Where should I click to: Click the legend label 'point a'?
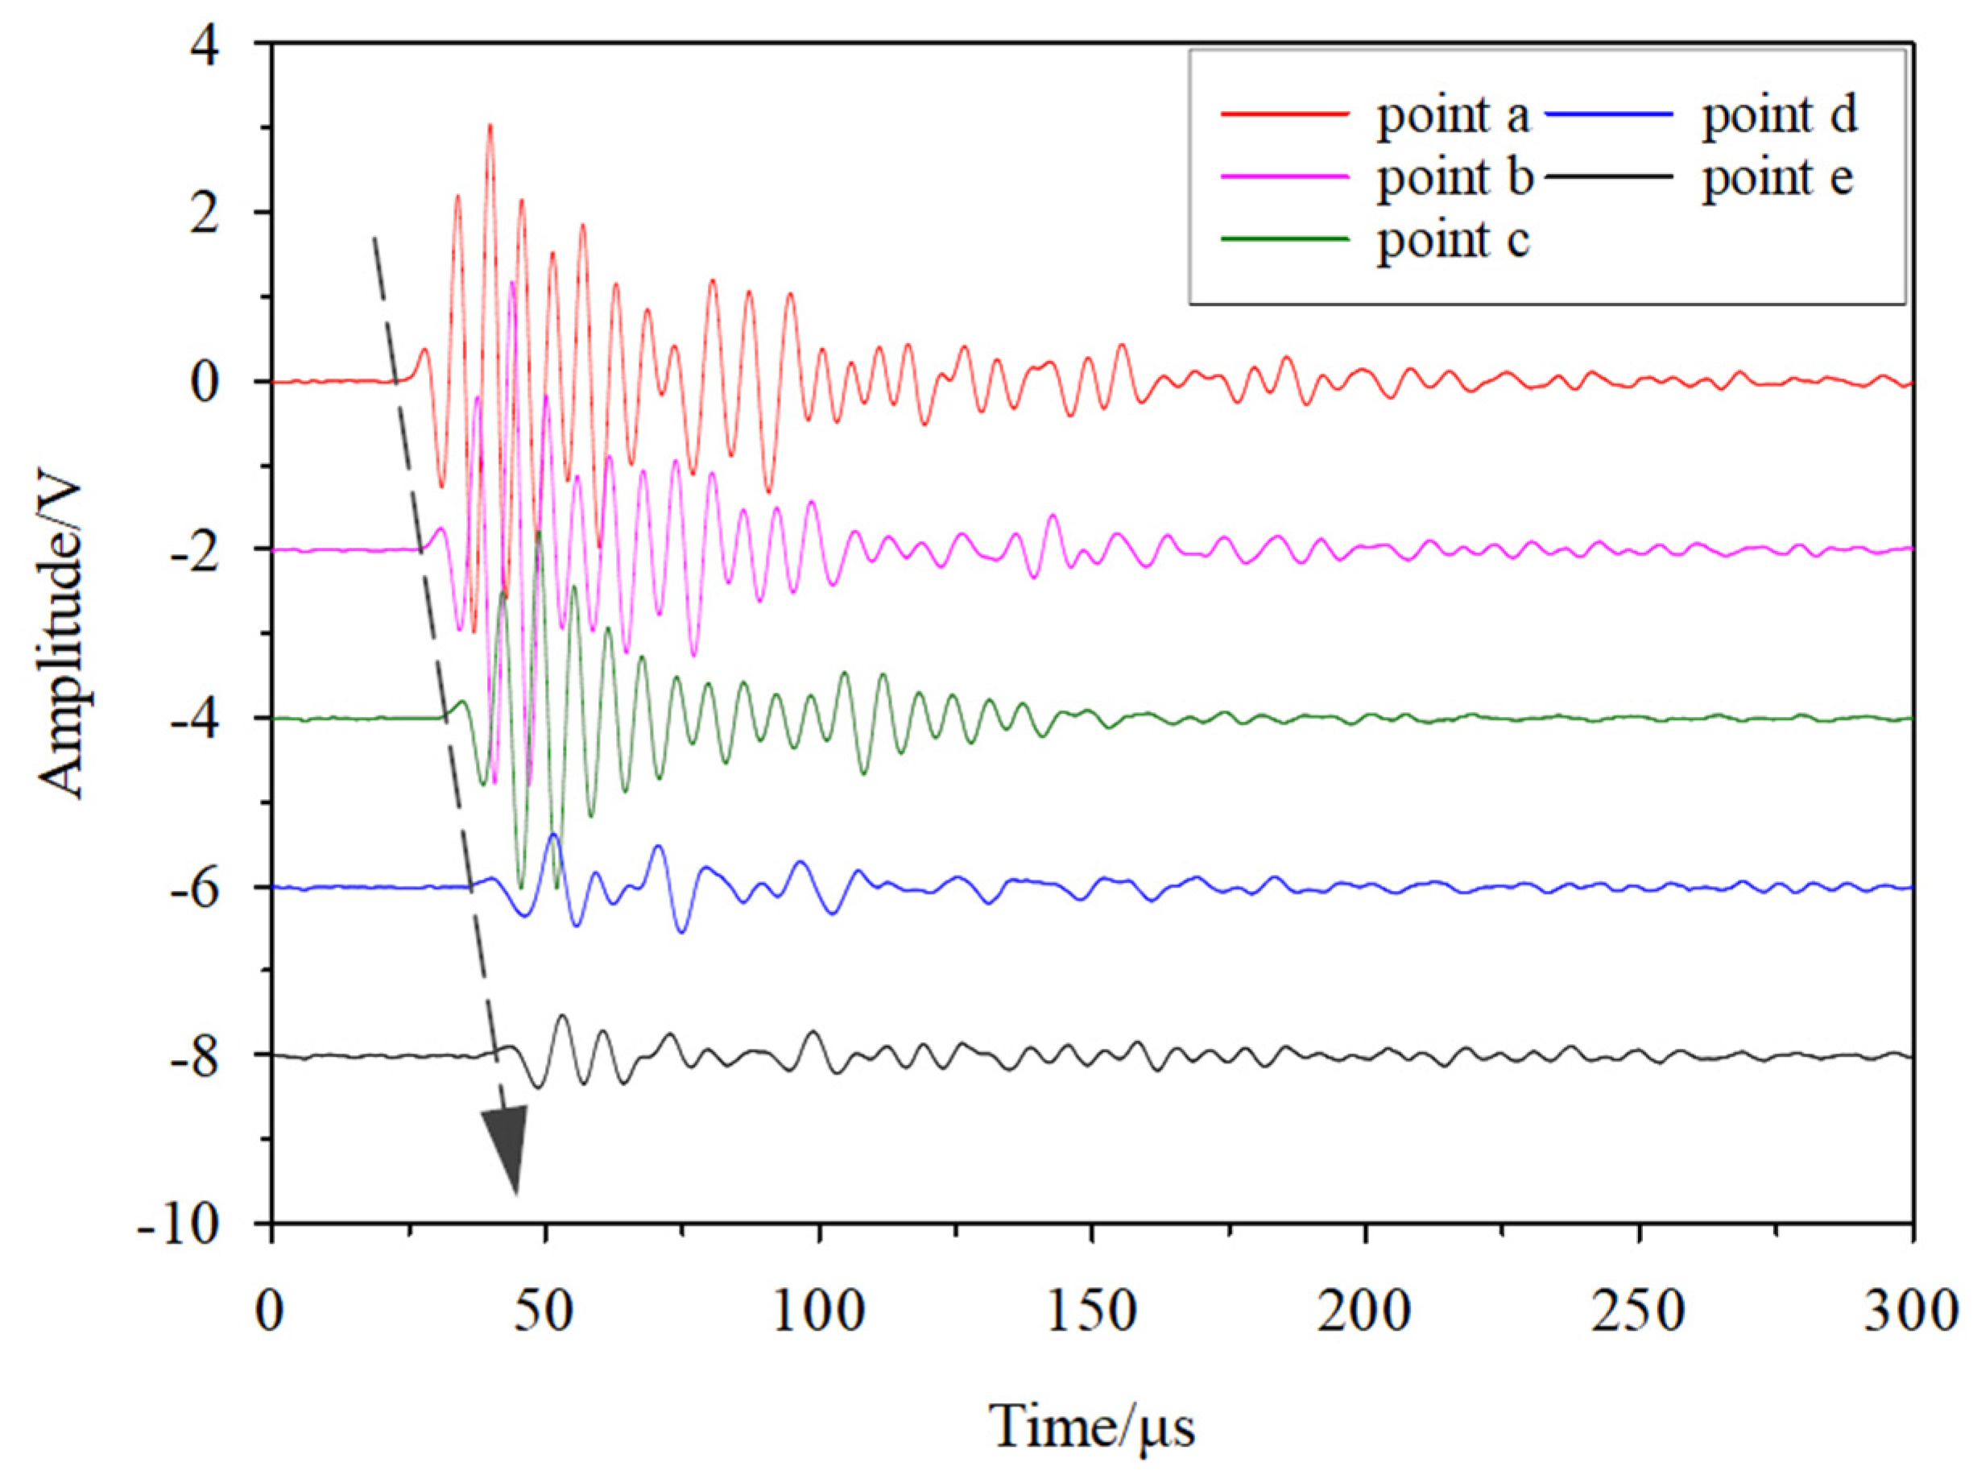point(1452,117)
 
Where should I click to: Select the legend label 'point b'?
point(1454,178)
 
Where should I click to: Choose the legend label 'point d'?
point(1779,117)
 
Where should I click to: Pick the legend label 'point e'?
point(1777,178)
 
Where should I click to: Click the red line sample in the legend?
point(1284,114)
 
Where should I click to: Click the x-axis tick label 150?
point(1092,1312)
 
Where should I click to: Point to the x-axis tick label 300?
point(1909,1312)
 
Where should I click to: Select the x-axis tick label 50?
point(545,1312)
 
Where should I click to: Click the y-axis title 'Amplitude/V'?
point(60,640)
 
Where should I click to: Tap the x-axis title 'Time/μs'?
point(1092,1426)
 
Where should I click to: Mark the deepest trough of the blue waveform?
point(682,932)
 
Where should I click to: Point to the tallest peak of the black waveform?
point(563,1015)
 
